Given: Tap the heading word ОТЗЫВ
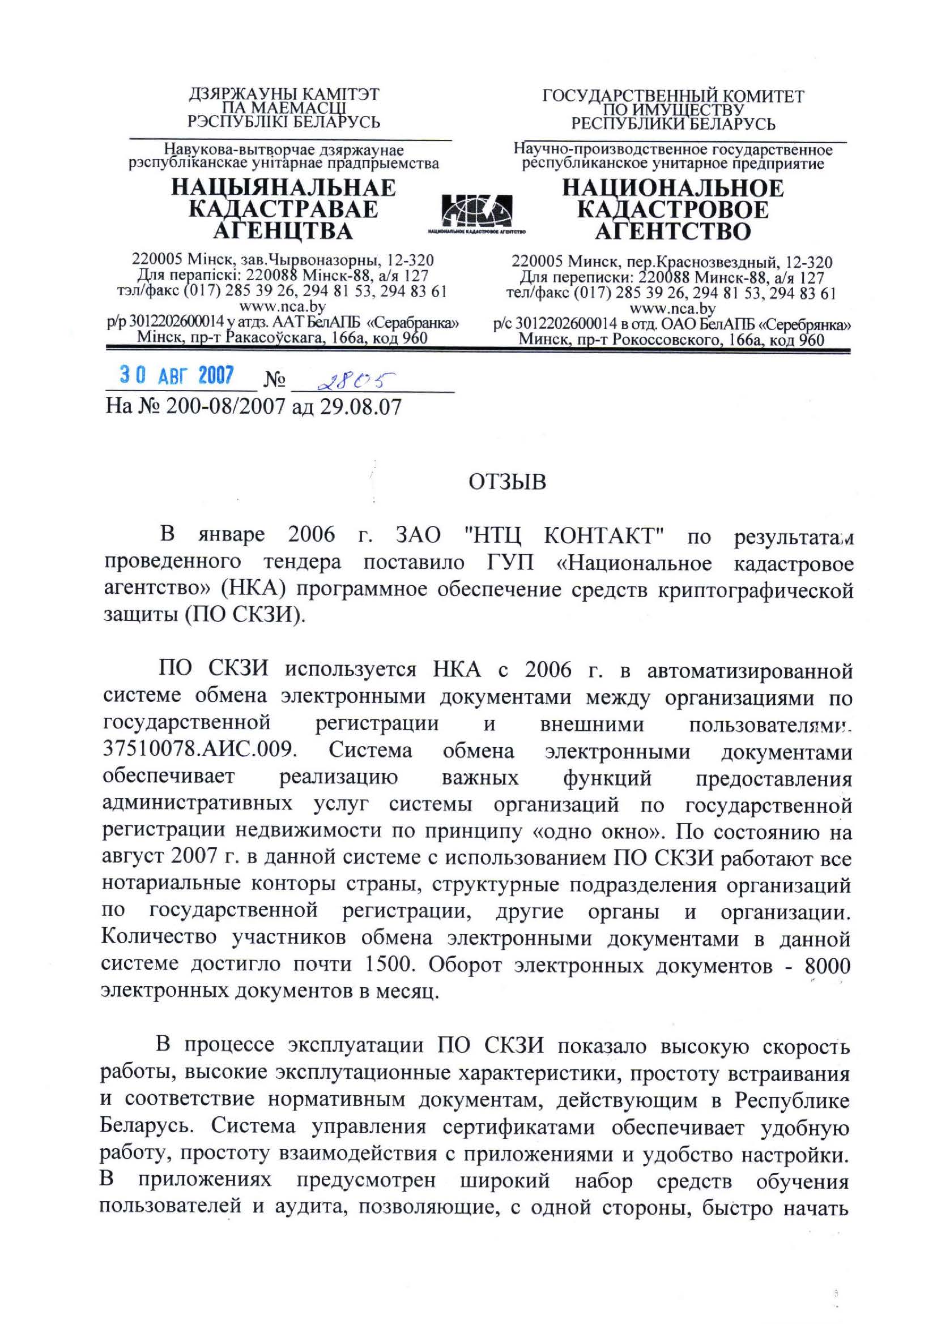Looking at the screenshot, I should pos(507,482).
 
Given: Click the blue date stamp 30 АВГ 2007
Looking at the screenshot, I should pos(177,376).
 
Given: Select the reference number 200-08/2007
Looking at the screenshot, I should pos(225,406).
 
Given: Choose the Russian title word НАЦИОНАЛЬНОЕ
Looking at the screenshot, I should pos(673,188).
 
